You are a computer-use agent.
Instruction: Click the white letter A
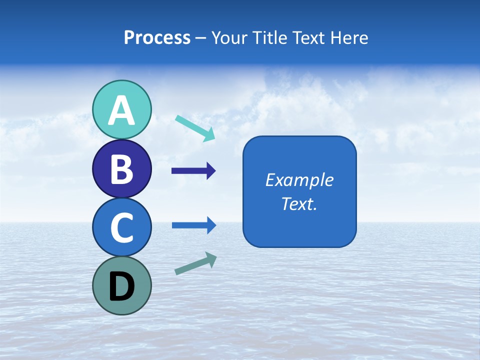point(122,110)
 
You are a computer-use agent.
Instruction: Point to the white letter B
point(122,169)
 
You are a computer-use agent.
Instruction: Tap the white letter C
point(122,227)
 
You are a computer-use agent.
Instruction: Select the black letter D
point(122,286)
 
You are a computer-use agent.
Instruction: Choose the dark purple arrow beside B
point(193,171)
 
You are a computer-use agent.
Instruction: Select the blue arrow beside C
point(194,225)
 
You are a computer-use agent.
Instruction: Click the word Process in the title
point(157,37)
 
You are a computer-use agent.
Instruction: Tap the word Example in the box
point(299,180)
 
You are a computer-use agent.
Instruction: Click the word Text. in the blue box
point(299,204)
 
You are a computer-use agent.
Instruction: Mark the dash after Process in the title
point(200,38)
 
